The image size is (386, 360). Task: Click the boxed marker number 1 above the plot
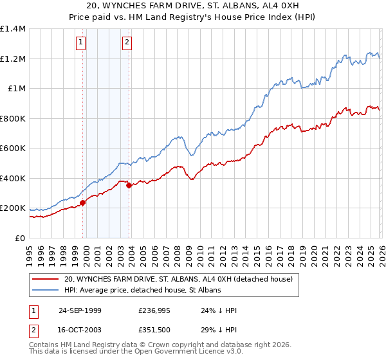click(x=81, y=43)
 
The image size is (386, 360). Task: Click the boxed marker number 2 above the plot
click(x=127, y=43)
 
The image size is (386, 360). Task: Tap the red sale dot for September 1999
click(x=83, y=203)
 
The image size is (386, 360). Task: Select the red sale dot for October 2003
click(x=129, y=186)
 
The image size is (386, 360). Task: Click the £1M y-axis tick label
click(x=16, y=89)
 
